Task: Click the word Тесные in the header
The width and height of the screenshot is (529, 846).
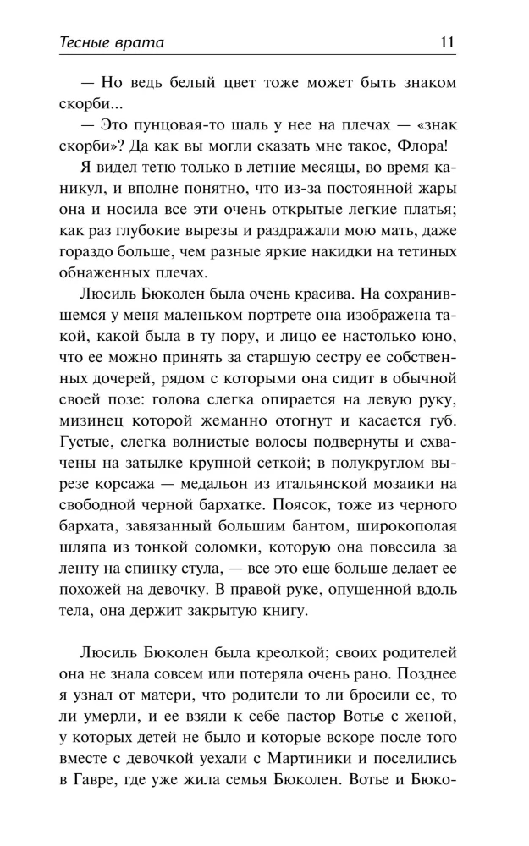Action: click(x=89, y=41)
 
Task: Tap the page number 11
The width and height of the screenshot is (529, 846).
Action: click(x=448, y=41)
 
